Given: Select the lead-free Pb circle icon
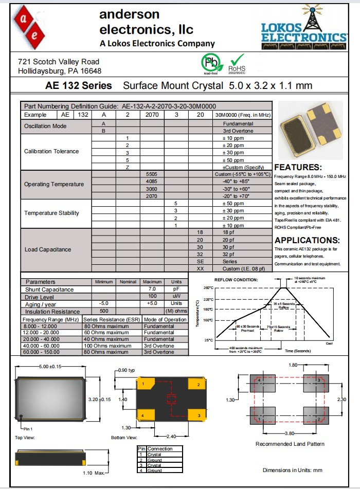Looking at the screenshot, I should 210,63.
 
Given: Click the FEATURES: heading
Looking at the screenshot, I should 298,168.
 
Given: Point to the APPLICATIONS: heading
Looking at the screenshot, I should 307,240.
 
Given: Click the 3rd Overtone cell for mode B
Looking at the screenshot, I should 238,131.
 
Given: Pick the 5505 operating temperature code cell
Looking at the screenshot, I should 151,174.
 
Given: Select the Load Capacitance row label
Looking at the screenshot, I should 48,250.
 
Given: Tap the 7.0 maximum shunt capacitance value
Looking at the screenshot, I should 152,289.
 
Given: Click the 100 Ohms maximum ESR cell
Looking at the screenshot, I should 107,346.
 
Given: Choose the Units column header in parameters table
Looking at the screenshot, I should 176,282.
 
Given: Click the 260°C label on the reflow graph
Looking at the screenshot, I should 207,287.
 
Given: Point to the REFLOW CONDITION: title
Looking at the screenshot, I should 236,280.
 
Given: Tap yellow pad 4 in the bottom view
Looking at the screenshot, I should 145,414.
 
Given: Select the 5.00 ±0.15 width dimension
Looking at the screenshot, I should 50,367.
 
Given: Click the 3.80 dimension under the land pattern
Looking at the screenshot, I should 290,433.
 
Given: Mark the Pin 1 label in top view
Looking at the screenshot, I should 28,428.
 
